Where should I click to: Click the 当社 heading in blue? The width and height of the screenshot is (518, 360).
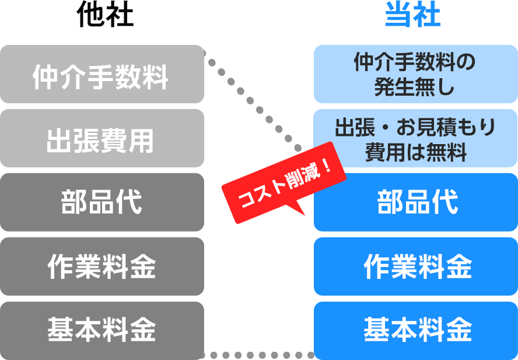pos(412,16)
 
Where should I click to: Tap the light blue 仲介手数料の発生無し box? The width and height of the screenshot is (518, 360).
pos(415,76)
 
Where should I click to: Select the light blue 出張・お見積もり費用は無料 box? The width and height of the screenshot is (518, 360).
pos(415,139)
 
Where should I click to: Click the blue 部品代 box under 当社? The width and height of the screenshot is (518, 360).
pos(415,203)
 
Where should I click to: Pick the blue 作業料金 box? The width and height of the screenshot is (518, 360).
pos(415,267)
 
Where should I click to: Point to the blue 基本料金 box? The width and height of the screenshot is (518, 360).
pos(415,330)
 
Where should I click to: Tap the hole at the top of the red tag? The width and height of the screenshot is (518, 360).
pos(297,148)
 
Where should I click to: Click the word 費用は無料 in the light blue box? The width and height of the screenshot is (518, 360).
pos(416,152)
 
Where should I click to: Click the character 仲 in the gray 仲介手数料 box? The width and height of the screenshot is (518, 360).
pos(45,77)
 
